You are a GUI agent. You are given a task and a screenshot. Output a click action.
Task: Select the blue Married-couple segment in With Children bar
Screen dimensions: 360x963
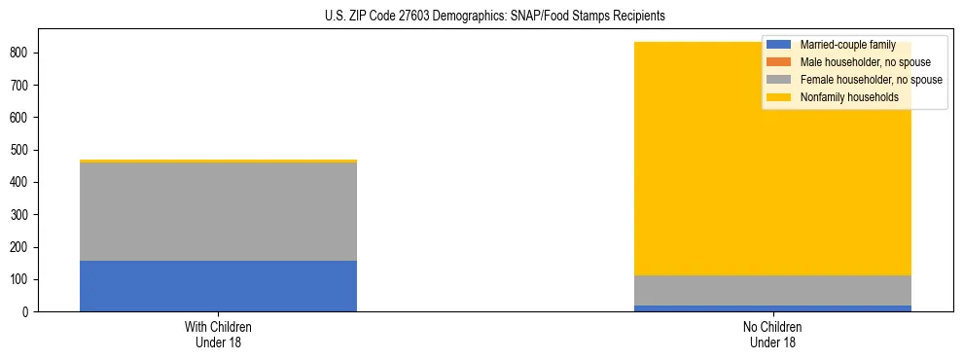(x=218, y=286)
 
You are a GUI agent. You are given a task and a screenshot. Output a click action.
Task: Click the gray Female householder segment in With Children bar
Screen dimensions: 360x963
(x=218, y=211)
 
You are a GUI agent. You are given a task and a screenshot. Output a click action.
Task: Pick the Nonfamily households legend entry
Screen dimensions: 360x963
(x=842, y=97)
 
